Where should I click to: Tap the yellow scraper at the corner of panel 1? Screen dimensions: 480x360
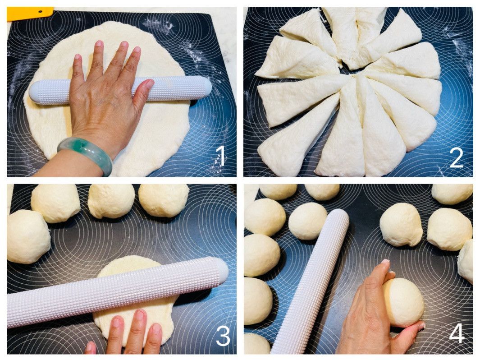pyautogui.click(x=29, y=14)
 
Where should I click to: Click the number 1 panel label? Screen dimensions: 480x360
pyautogui.click(x=221, y=156)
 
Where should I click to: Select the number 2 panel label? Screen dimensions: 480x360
pyautogui.click(x=456, y=157)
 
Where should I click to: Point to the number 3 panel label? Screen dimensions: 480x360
pyautogui.click(x=223, y=336)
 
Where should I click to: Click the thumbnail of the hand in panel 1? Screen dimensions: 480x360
pyautogui.click(x=149, y=83)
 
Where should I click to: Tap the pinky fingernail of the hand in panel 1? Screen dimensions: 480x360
pyautogui.click(x=78, y=57)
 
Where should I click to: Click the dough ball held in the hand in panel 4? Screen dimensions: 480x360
pyautogui.click(x=403, y=302)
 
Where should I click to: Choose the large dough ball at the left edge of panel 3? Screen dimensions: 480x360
pyautogui.click(x=28, y=236)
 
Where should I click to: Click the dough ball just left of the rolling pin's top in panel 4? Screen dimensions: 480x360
pyautogui.click(x=308, y=221)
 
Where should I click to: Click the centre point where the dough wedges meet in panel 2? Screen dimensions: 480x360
pyautogui.click(x=352, y=73)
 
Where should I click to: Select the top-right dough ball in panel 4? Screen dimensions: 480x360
pyautogui.click(x=452, y=194)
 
